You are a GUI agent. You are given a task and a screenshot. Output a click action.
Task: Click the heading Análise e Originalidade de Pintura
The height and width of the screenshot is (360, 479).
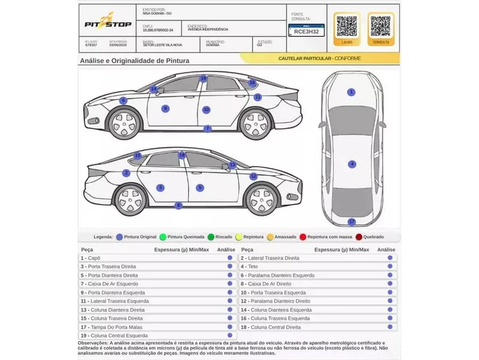tap(134, 61)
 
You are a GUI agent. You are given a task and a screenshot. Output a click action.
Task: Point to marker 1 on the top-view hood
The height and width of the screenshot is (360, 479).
tap(351, 92)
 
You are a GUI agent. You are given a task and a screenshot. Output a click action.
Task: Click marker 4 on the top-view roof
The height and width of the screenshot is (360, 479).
tap(352, 164)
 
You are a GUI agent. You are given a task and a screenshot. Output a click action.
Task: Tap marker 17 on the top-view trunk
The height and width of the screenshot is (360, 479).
tap(352, 222)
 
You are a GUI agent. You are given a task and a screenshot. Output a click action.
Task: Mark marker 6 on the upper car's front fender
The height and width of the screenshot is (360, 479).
tap(123, 100)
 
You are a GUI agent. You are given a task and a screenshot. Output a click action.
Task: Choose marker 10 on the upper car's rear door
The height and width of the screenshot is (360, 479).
tap(206, 110)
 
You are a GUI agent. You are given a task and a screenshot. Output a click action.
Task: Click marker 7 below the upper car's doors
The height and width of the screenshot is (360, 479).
tap(207, 129)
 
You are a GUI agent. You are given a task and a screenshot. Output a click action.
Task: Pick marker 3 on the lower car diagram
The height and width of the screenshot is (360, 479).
tap(161, 188)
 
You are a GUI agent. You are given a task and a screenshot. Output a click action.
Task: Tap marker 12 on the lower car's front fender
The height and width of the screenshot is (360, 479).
tap(253, 177)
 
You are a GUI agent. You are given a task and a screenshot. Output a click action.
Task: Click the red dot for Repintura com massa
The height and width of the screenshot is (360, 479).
tap(303, 237)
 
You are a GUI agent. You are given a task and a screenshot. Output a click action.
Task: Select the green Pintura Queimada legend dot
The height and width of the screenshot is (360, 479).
tap(163, 237)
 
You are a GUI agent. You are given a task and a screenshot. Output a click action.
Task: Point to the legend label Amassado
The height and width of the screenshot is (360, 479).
tap(285, 237)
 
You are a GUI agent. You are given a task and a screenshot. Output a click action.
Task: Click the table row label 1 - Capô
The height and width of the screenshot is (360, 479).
tap(90, 258)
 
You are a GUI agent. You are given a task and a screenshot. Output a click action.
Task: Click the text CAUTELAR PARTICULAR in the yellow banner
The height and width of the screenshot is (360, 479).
tap(305, 58)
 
